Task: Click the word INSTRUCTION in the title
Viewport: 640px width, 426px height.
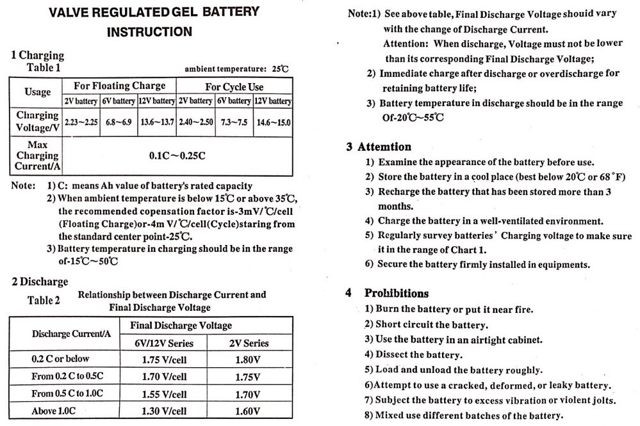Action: click(x=149, y=31)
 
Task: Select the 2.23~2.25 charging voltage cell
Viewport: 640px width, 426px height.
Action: click(x=81, y=122)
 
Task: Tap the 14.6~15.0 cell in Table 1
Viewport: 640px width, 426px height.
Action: click(x=273, y=122)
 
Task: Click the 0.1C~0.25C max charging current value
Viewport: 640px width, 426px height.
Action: click(x=177, y=155)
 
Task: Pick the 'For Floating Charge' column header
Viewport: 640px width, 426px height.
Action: click(x=119, y=86)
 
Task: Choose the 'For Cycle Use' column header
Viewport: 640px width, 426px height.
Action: click(x=234, y=86)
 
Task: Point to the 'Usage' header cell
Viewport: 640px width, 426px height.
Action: click(x=38, y=92)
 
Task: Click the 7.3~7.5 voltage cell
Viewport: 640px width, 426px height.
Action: click(x=234, y=122)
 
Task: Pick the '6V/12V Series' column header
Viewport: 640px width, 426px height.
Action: click(x=164, y=343)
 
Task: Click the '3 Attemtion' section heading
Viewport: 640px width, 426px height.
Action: click(x=379, y=146)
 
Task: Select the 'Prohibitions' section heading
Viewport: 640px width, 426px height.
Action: click(x=397, y=294)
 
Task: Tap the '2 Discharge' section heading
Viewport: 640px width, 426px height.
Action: click(x=40, y=281)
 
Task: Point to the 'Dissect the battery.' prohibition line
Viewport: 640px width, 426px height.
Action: click(x=413, y=354)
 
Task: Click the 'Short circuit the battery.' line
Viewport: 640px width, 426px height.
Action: click(x=425, y=324)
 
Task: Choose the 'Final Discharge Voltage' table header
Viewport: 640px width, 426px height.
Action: click(x=181, y=326)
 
